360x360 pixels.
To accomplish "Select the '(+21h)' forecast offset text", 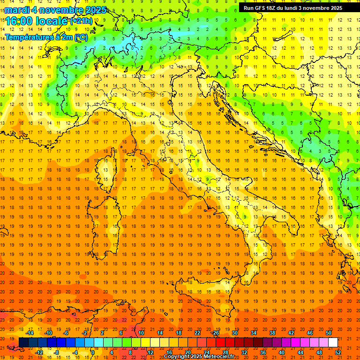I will (x=81, y=21).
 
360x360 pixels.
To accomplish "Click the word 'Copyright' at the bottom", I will (x=178, y=357).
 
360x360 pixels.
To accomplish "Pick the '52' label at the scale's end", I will (x=338, y=352).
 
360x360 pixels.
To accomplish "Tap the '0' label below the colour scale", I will (x=93, y=352).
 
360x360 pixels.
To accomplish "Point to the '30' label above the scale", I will (x=234, y=333).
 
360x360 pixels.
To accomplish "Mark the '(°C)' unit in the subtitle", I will (x=81, y=37).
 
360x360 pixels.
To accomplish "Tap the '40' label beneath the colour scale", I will (x=281, y=352).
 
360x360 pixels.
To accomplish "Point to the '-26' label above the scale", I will (x=215, y=333).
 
